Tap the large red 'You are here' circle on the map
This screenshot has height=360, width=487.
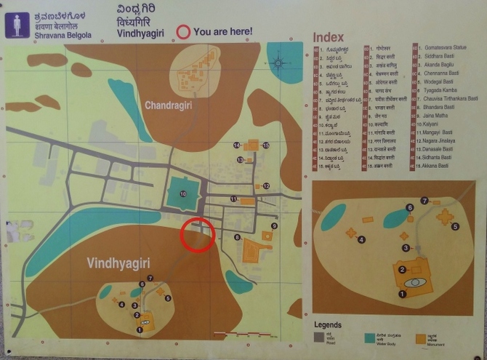click(197, 235)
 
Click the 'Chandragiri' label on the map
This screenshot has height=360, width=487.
click(169, 105)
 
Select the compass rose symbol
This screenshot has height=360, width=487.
click(278, 63)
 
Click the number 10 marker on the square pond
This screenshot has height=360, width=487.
click(183, 194)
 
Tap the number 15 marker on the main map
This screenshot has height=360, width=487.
click(266, 145)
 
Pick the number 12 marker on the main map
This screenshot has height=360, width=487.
click(267, 186)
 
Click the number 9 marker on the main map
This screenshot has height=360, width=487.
click(273, 226)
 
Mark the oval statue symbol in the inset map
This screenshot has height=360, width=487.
click(415, 281)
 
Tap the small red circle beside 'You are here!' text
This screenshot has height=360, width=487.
click(184, 31)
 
